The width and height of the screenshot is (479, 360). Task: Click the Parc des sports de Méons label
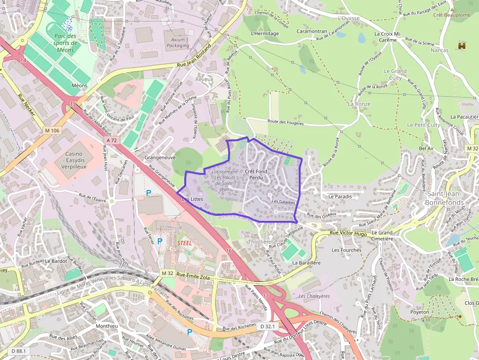65,43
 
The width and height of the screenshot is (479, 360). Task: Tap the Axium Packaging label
177,42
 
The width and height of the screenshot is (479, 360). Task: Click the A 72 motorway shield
111,140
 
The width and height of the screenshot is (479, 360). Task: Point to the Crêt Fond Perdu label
256,174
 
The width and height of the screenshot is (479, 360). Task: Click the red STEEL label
184,242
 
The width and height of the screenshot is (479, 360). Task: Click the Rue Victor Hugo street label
348,234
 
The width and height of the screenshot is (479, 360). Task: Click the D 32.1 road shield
268,326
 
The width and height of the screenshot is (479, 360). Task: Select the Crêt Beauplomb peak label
452,15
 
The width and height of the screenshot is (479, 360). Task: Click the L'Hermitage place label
264,34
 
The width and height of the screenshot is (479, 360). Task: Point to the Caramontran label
311,31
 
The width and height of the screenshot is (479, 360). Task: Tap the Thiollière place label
260,242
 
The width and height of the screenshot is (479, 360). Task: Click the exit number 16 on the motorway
229,251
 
